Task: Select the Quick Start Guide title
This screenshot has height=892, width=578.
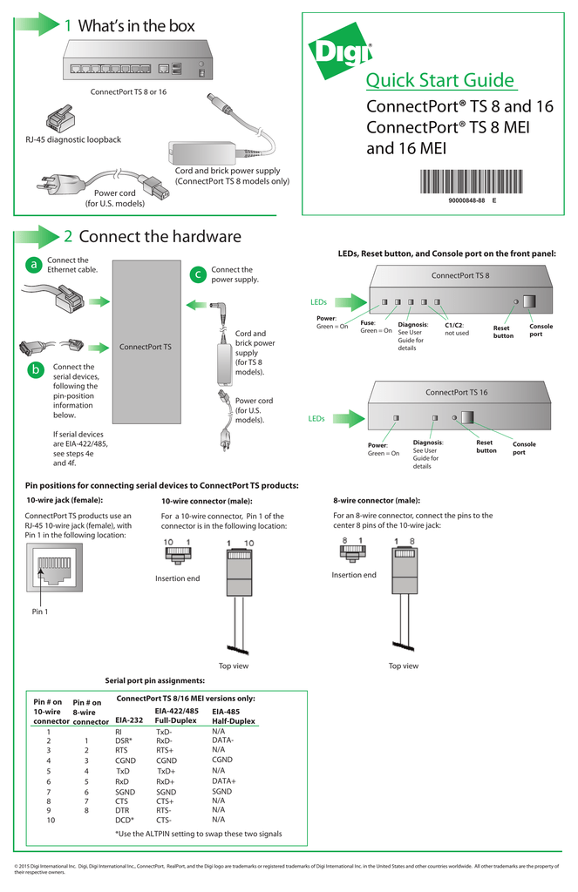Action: [x=439, y=81]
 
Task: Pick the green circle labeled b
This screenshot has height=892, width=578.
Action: [x=34, y=370]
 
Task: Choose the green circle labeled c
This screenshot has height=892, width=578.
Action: [x=198, y=275]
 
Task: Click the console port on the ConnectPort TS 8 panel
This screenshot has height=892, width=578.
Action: [x=529, y=301]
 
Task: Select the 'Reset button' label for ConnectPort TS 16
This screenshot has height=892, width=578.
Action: [x=486, y=447]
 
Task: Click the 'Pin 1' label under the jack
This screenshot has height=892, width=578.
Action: [x=40, y=612]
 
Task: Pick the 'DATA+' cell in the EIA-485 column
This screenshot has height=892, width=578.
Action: [x=224, y=781]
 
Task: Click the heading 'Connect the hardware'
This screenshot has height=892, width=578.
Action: [x=160, y=237]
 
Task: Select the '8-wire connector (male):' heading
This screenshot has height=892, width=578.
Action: [x=377, y=501]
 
